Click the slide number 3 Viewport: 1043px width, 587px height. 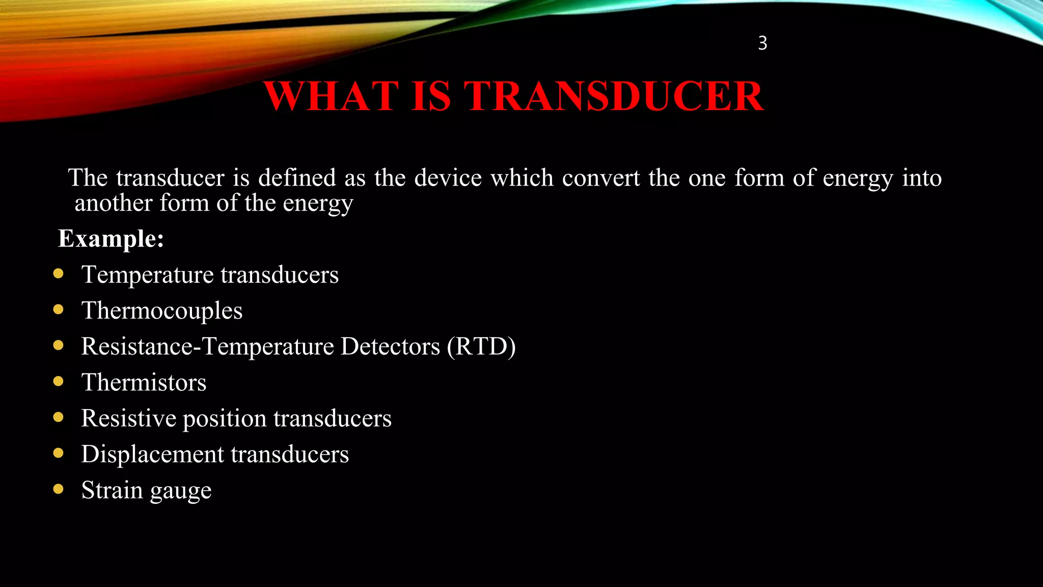pyautogui.click(x=762, y=43)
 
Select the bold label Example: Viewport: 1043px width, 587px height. pyautogui.click(x=111, y=238)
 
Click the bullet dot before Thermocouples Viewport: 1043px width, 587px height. pyautogui.click(x=59, y=309)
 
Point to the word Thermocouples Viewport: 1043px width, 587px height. pyautogui.click(x=162, y=310)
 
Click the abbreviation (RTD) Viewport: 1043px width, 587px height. pyautogui.click(x=481, y=346)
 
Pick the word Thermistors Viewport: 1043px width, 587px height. pyautogui.click(x=144, y=382)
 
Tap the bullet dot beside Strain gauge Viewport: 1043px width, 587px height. pyautogui.click(x=59, y=489)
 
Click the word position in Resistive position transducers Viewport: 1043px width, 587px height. pyautogui.click(x=225, y=419)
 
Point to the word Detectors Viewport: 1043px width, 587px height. pyautogui.click(x=390, y=346)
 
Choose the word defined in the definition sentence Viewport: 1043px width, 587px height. pyautogui.click(x=297, y=178)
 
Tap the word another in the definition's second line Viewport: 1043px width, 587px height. pyautogui.click(x=114, y=203)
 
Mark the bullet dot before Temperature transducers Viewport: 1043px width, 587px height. pyautogui.click(x=59, y=274)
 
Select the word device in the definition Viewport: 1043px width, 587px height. pyautogui.click(x=448, y=178)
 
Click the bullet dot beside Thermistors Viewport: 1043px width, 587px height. pyautogui.click(x=59, y=381)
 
